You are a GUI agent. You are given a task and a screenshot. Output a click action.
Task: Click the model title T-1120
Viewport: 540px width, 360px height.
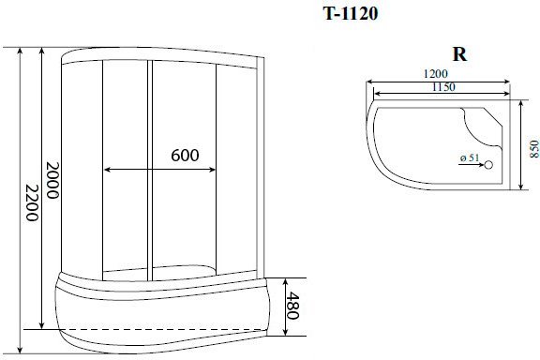[351, 14]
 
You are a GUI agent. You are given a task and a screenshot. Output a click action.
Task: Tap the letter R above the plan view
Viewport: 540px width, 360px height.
[459, 54]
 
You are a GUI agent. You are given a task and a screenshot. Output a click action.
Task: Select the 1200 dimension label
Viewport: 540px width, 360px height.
[436, 74]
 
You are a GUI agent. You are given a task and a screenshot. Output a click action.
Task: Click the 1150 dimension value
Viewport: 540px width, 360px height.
[443, 87]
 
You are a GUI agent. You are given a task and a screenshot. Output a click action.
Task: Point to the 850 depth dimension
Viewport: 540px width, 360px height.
[533, 149]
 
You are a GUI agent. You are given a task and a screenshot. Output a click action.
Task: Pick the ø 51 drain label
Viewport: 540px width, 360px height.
[470, 157]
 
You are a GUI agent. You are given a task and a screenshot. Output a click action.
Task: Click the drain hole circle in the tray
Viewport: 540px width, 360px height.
[488, 165]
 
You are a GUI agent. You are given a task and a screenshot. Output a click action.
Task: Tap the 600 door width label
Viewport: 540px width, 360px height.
[185, 156]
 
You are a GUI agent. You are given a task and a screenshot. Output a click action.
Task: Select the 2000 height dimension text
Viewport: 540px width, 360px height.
[52, 180]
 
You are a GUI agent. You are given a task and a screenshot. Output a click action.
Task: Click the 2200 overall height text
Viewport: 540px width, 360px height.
[32, 202]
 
